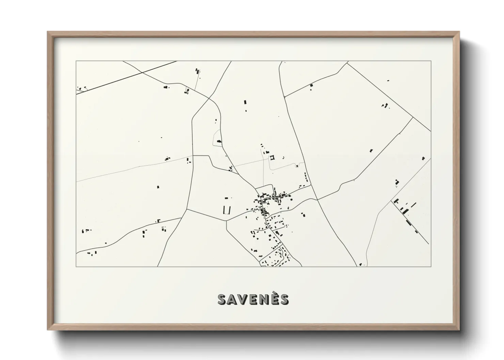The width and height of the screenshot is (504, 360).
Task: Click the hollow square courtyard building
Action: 272,157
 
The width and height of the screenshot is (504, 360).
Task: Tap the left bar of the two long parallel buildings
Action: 224,210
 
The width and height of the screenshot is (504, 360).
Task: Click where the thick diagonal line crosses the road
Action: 142,72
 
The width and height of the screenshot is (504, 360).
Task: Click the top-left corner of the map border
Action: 76,61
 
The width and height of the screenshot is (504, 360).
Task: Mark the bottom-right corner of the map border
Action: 431,266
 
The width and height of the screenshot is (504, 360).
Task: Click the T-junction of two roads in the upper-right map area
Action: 413,117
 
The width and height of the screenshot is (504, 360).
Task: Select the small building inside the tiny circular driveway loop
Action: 297,166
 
